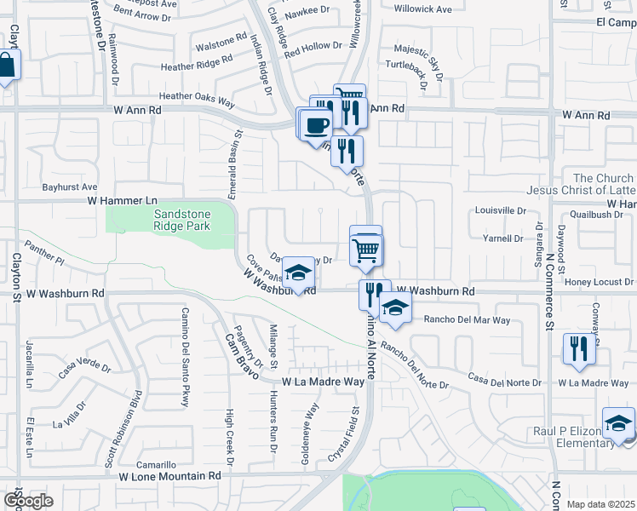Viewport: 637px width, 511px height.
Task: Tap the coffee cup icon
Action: (x=315, y=123)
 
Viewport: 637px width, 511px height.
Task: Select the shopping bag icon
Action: (x=6, y=66)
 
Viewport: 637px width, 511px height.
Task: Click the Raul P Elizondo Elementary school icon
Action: (x=618, y=424)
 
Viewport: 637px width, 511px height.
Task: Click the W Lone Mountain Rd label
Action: (x=169, y=477)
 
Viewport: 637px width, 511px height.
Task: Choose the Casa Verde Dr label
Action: (x=84, y=369)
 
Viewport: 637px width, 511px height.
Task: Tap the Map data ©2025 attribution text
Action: (x=601, y=504)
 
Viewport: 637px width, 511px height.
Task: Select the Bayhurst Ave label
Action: (x=70, y=187)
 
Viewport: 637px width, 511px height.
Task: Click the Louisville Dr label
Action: (x=501, y=210)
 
